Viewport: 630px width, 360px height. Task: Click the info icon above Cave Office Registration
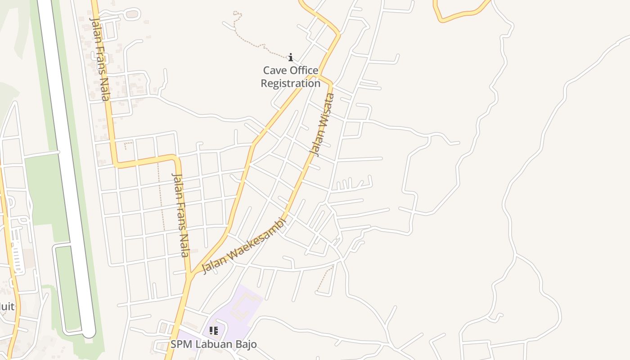pos(291,57)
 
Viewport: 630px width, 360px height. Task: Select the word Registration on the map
pos(291,83)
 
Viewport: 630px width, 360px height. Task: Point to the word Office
pos(304,71)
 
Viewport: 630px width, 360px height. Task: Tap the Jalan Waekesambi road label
pos(244,246)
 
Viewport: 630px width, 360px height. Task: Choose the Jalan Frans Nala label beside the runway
pos(100,58)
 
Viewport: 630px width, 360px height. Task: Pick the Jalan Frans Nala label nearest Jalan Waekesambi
pos(181,215)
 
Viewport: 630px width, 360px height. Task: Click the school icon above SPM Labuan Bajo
pos(214,331)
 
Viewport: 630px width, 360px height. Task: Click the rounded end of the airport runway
pos(89,332)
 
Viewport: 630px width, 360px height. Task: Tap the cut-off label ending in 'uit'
pos(6,307)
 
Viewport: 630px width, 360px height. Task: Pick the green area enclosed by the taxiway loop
pos(67,288)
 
